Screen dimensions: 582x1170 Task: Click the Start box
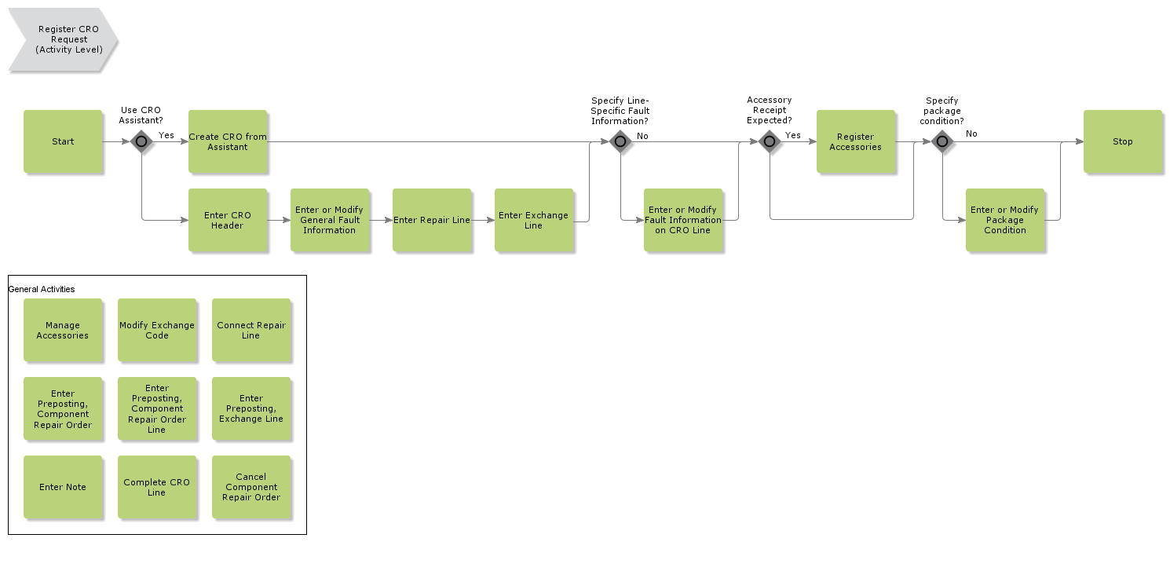[x=63, y=141]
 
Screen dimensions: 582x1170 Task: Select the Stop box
[x=1122, y=141]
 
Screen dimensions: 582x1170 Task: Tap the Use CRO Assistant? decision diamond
[x=141, y=141]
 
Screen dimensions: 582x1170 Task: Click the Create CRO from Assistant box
[x=228, y=141]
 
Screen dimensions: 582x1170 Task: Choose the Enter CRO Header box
[x=228, y=220]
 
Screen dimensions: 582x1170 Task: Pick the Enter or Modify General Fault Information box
[x=330, y=220]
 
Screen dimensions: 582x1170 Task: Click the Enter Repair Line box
[x=432, y=220]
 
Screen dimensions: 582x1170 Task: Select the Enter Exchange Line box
[x=534, y=220]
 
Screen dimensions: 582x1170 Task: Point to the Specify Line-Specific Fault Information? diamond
[x=620, y=141]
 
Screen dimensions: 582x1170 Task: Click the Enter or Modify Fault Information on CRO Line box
[x=683, y=220]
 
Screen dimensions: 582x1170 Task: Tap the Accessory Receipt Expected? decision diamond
[x=770, y=141]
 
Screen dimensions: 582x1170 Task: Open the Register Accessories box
[x=856, y=141]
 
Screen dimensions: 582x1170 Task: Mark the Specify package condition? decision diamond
[x=942, y=141]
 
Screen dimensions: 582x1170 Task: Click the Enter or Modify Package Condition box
[x=1005, y=220]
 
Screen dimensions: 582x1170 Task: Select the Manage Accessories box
[x=63, y=330]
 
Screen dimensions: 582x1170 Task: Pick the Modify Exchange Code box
[x=157, y=330]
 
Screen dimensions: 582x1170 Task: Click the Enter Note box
[x=63, y=487]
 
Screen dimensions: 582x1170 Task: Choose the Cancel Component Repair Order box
[x=251, y=487]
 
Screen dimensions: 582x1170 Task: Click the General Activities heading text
[x=42, y=289]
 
